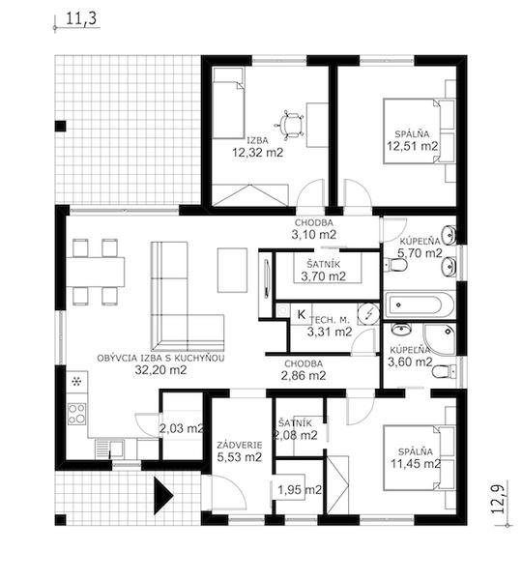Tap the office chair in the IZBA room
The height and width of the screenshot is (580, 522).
[x=290, y=126]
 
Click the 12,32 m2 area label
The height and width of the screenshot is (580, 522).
[x=257, y=152]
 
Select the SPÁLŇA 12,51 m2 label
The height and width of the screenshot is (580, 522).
[x=412, y=140]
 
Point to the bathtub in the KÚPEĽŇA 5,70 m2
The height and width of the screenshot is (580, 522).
[x=420, y=304]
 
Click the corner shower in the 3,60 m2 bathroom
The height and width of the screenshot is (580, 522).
[x=440, y=340]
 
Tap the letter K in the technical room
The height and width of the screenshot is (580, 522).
[x=302, y=315]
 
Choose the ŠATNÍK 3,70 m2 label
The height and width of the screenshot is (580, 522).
[x=323, y=271]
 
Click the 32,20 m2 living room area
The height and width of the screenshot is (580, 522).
[x=160, y=369]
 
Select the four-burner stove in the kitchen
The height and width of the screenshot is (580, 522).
[x=77, y=414]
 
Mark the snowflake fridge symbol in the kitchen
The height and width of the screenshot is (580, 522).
[x=76, y=382]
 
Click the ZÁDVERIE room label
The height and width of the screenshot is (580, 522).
[x=240, y=445]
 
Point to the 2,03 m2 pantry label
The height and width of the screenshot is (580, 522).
[x=182, y=428]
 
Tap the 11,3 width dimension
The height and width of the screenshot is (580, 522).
[x=83, y=19]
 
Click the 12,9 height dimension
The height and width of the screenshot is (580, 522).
[x=499, y=498]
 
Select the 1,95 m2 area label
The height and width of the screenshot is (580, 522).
[x=300, y=490]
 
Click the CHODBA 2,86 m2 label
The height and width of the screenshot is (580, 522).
[x=304, y=370]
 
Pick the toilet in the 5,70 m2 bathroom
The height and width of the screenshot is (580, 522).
[x=395, y=265]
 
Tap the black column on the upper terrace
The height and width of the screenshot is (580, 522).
[x=60, y=126]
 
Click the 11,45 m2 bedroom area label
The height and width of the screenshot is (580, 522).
[x=416, y=463]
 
